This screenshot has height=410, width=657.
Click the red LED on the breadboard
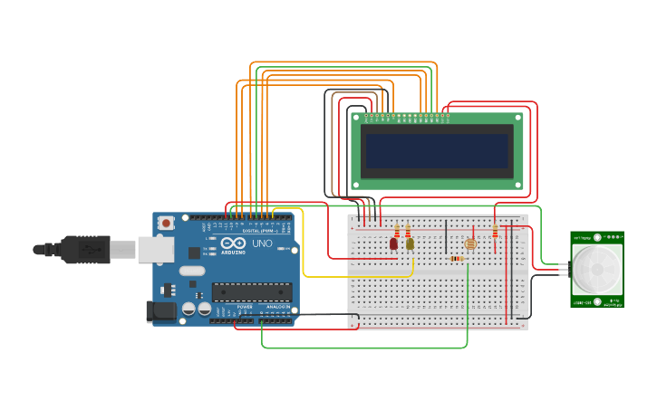click(393, 243)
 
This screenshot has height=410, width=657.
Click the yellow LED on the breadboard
click(410, 243)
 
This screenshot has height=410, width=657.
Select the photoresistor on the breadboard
click(469, 243)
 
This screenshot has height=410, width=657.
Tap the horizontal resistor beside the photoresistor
click(457, 259)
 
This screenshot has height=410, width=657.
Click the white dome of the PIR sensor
click(596, 268)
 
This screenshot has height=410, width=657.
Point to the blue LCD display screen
click(437, 150)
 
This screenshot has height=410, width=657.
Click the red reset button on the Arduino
click(167, 223)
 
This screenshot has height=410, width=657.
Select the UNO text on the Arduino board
click(262, 243)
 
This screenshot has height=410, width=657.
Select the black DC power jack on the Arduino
click(161, 311)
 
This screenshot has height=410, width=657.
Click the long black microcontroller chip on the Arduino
click(252, 291)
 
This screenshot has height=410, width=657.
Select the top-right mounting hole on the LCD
click(517, 119)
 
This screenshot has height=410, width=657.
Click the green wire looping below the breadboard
click(362, 348)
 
